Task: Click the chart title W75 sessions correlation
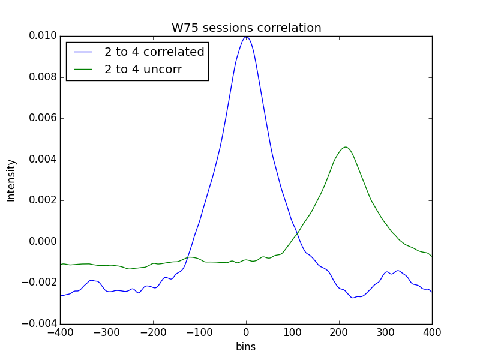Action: pos(247,28)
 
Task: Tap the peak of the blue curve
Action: pos(246,37)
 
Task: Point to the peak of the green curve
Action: pos(346,147)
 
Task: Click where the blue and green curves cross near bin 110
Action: pos(297,234)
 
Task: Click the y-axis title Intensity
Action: pos(11,181)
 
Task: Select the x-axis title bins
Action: pos(246,347)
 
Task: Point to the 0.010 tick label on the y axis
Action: pos(43,36)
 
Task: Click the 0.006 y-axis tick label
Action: pos(43,118)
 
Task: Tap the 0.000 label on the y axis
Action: pos(43,242)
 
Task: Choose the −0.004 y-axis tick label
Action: pos(40,323)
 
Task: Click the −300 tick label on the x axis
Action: pos(107,332)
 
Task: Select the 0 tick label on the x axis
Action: pos(246,332)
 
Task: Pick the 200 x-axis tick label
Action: pos(339,332)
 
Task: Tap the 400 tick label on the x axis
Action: pos(432,332)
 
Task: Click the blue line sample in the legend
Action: pos(83,52)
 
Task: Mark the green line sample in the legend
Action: pos(83,70)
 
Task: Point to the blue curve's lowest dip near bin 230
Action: pos(353,298)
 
